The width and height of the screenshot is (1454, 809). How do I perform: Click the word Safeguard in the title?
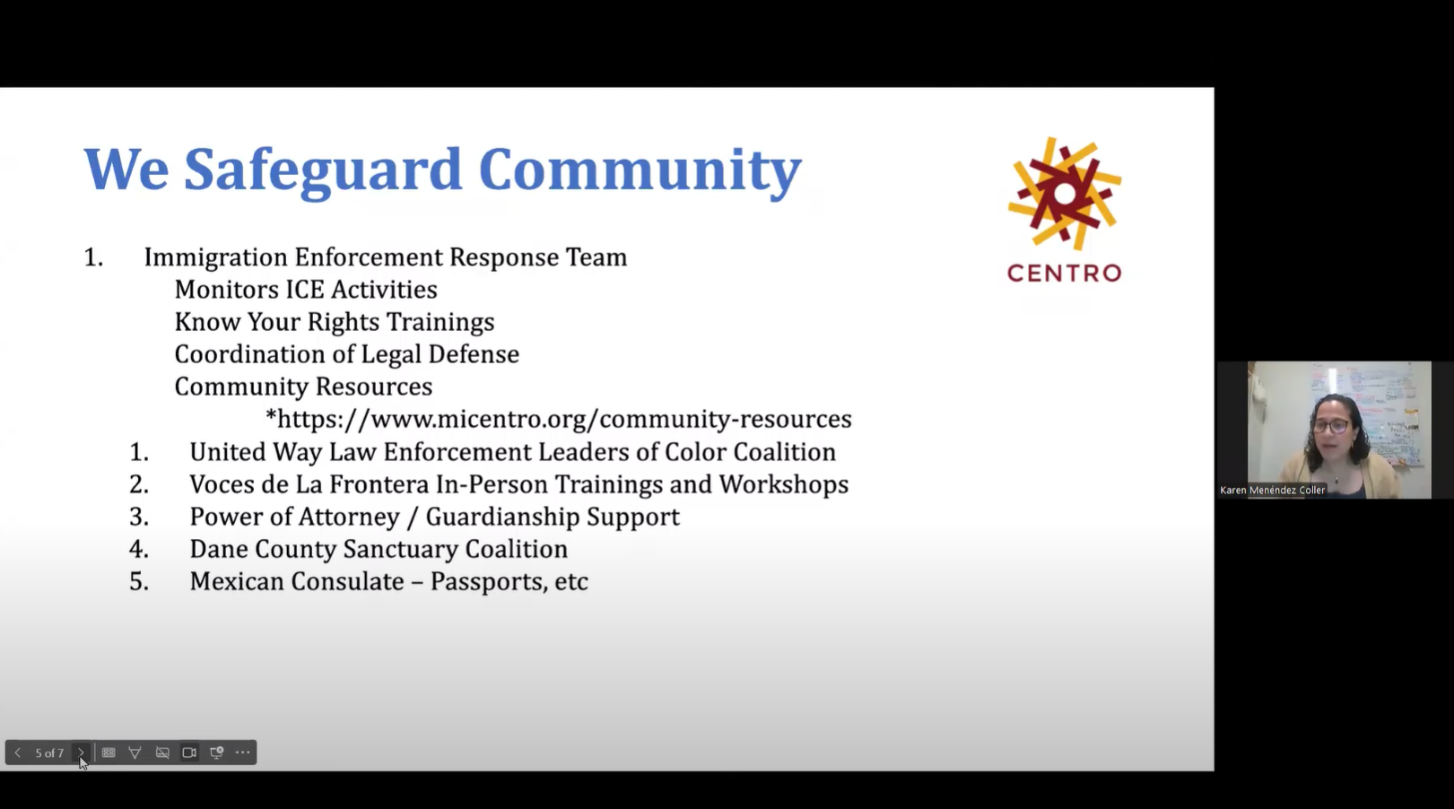[323, 170]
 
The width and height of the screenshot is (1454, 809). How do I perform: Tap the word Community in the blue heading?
[640, 170]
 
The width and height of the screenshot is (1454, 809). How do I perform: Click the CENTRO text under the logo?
[1064, 273]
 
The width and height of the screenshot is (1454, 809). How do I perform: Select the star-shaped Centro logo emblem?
[1065, 194]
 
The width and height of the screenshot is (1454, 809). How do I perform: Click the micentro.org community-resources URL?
[558, 419]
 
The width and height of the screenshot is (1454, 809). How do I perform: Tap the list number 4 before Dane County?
[138, 549]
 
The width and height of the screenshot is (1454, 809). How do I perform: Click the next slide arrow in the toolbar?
[81, 752]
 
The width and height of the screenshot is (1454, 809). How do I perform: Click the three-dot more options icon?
[243, 752]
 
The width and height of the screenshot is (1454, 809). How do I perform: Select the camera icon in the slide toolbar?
[189, 752]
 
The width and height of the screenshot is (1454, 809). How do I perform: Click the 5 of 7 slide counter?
[49, 753]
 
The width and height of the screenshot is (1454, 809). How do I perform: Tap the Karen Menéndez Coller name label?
[1272, 491]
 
